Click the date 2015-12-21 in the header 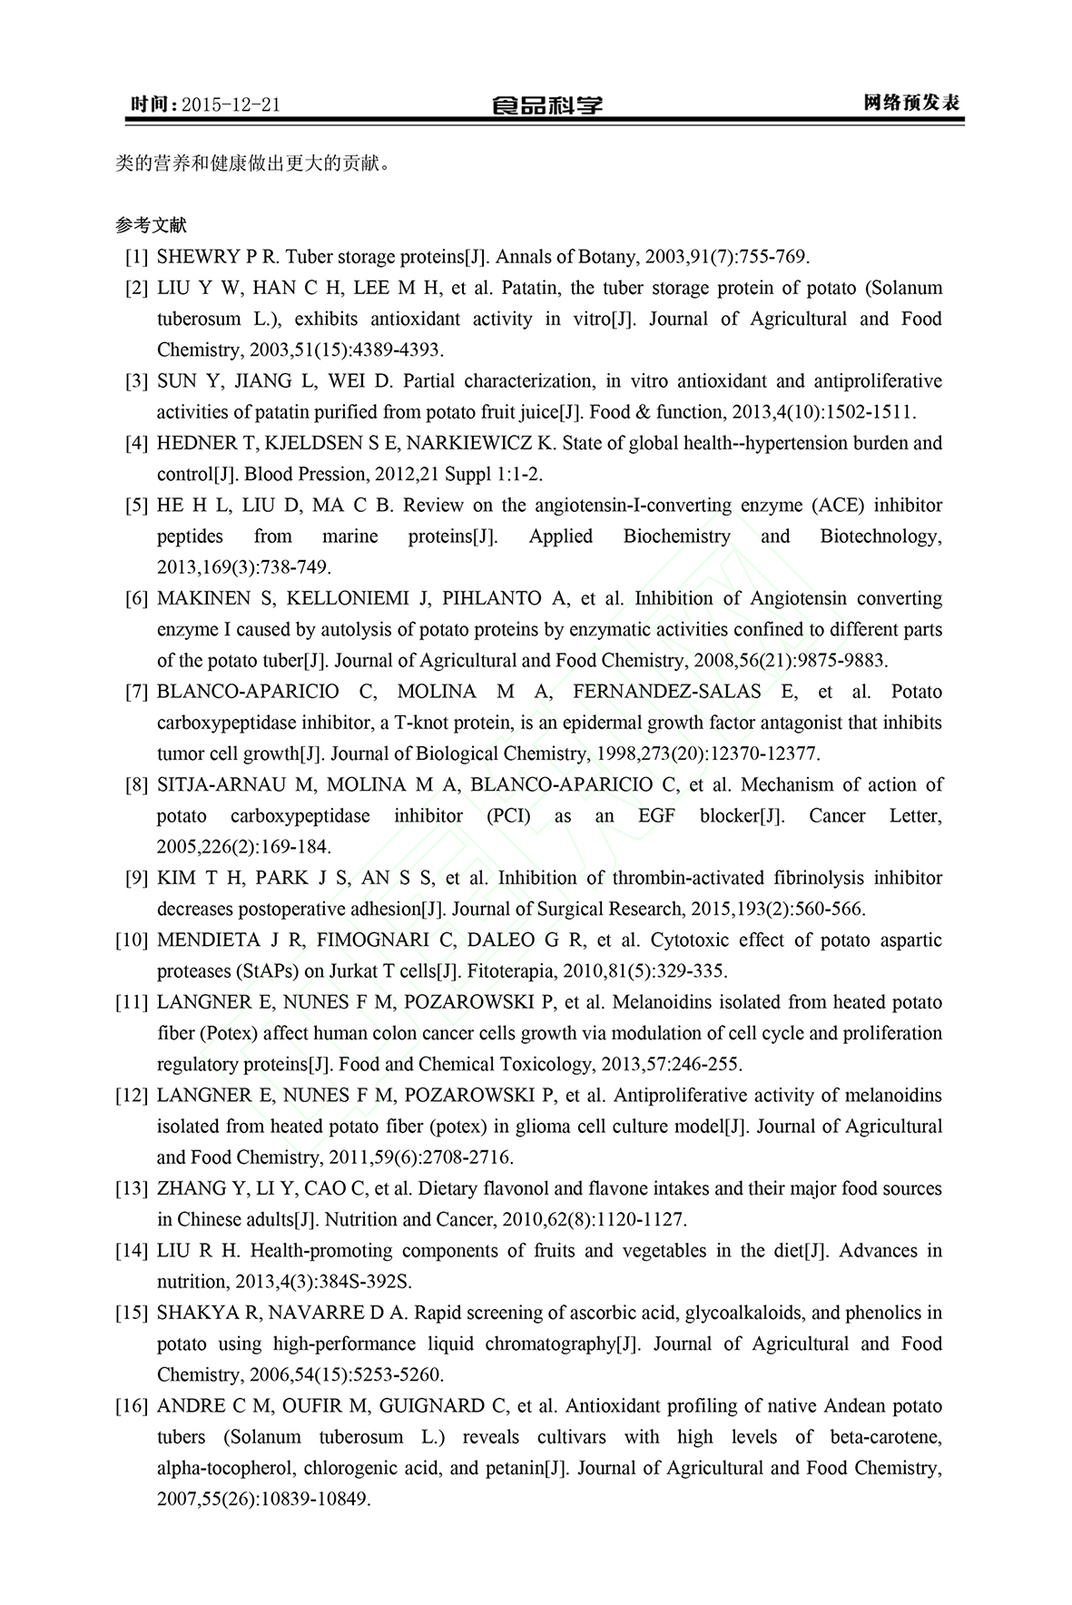click(230, 104)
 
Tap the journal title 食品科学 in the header click(546, 105)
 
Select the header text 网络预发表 click(911, 103)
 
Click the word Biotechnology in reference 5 click(880, 537)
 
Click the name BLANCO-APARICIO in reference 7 click(249, 693)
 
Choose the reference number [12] click(132, 1096)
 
